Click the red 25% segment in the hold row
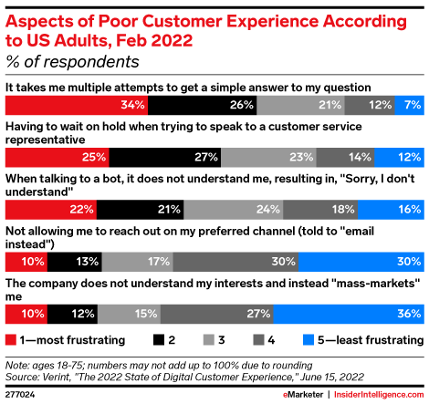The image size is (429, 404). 57,157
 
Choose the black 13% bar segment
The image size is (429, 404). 73,262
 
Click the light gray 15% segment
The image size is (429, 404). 129,315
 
